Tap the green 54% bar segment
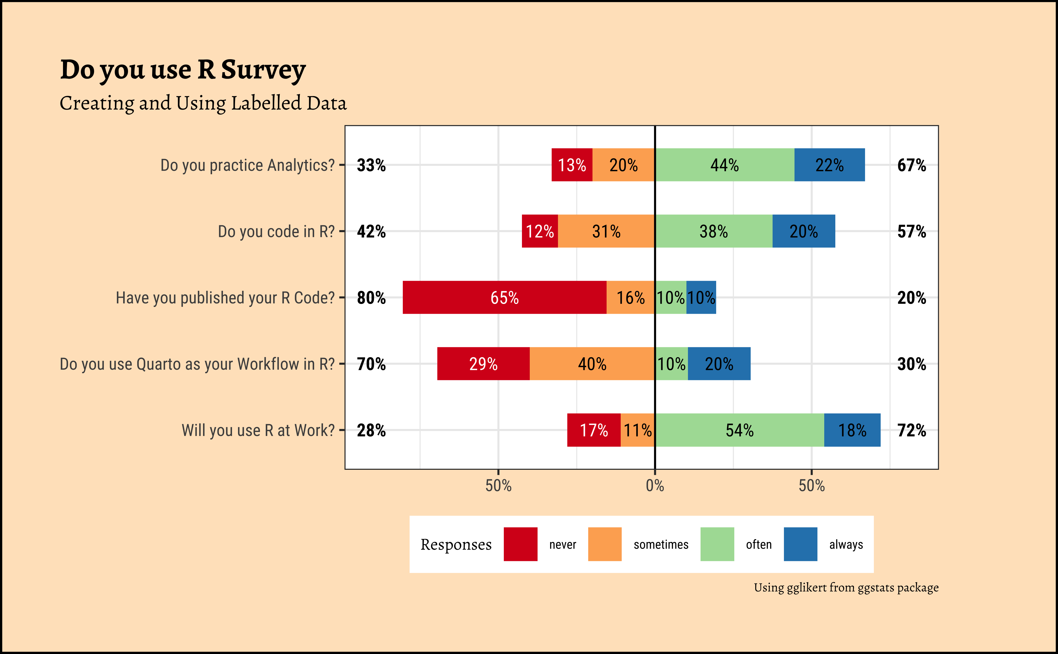(739, 430)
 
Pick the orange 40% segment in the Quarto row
(592, 364)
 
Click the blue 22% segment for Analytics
(829, 165)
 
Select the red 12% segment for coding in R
(540, 231)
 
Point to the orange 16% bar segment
(630, 298)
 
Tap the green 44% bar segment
(725, 165)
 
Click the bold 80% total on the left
(371, 298)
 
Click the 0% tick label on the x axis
(655, 486)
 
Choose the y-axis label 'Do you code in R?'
(276, 231)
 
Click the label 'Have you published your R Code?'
(225, 298)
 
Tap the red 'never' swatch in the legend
(520, 544)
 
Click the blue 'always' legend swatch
(800, 544)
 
